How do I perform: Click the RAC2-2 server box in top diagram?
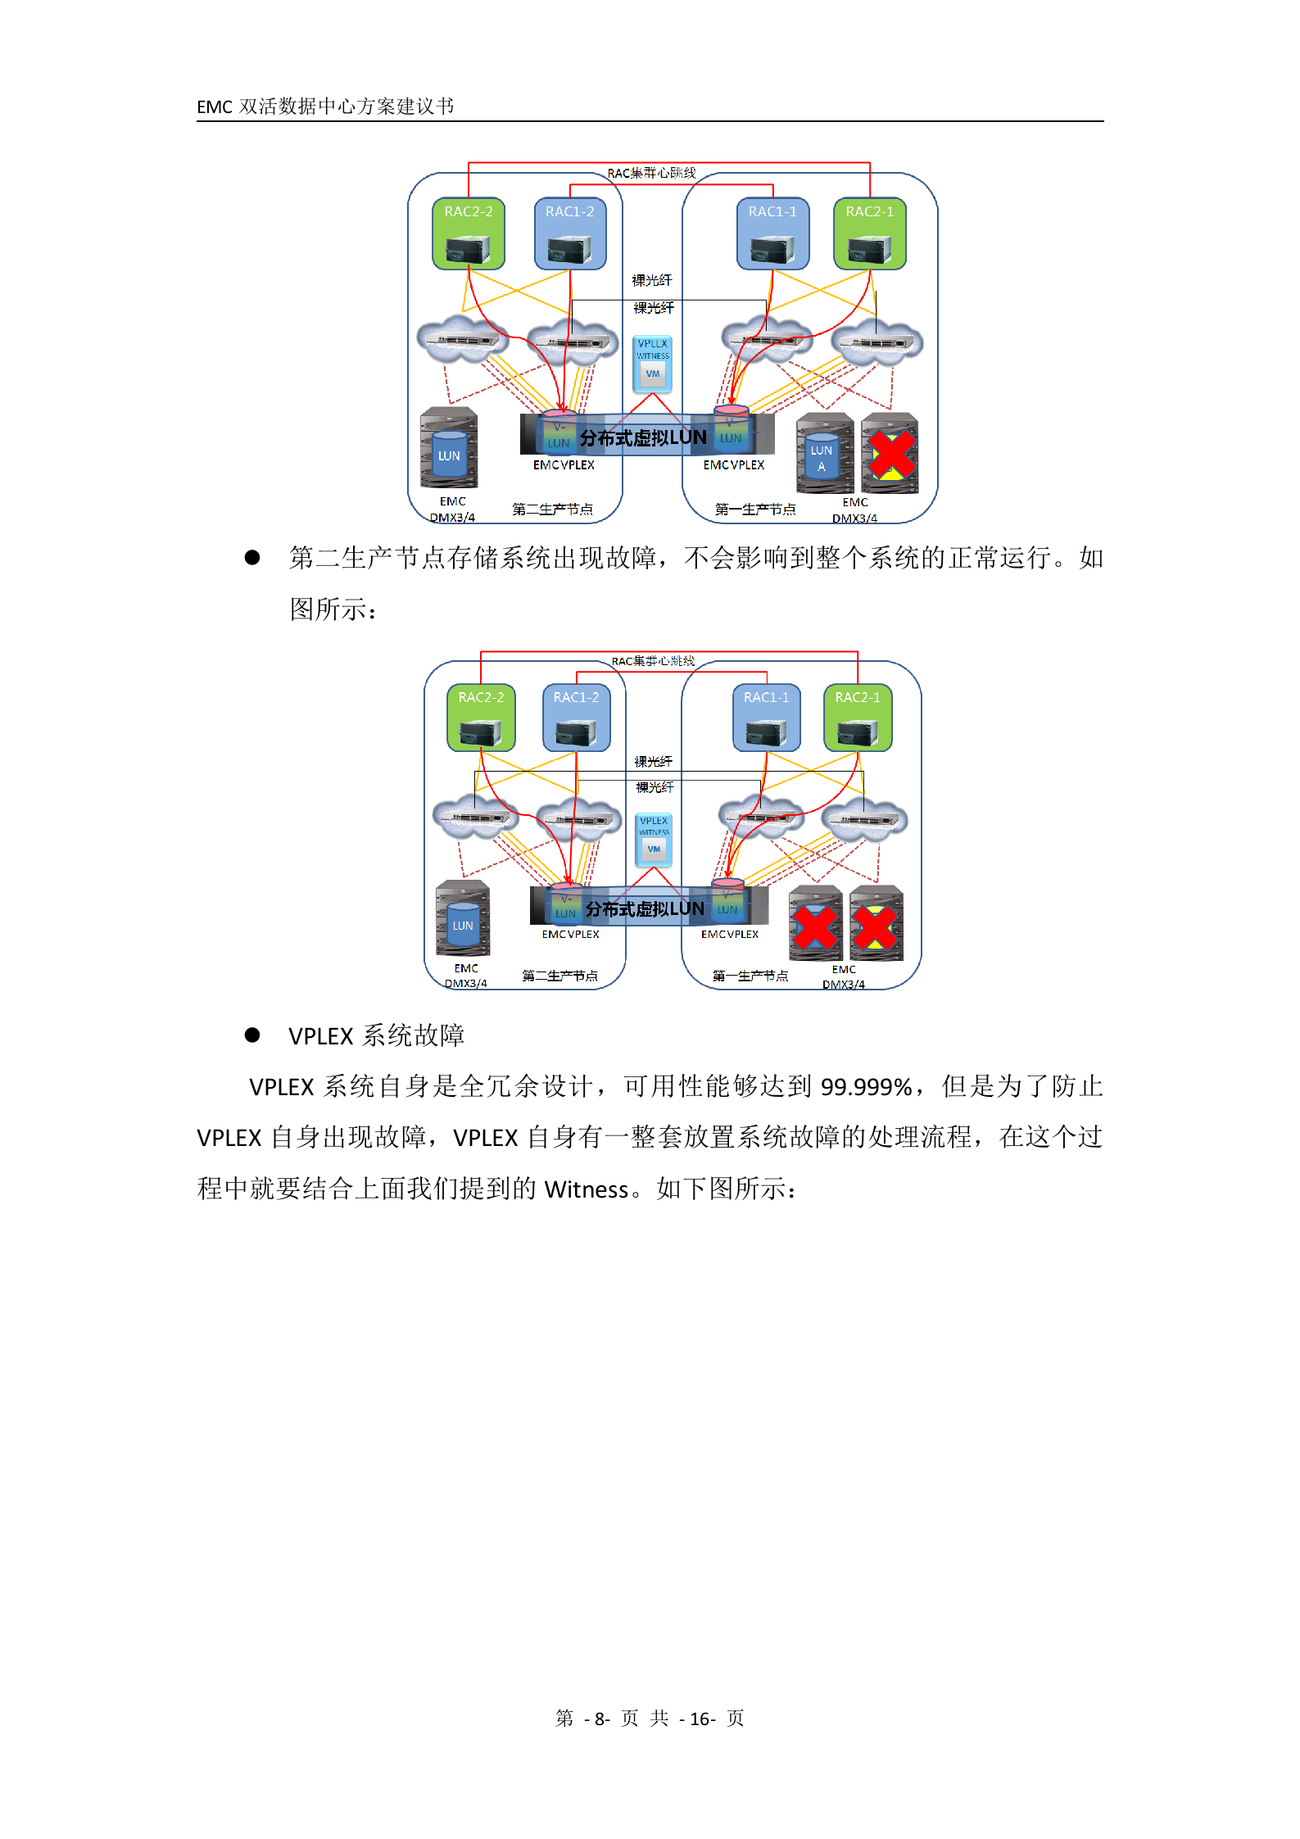pyautogui.click(x=468, y=233)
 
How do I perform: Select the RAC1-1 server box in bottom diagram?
pyautogui.click(x=766, y=718)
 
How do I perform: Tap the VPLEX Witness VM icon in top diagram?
pyautogui.click(x=652, y=363)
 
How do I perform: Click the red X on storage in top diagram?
pyautogui.click(x=891, y=455)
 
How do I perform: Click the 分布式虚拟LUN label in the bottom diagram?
pyautogui.click(x=645, y=908)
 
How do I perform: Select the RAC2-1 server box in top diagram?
pyautogui.click(x=869, y=233)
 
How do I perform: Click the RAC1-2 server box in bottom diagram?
pyautogui.click(x=576, y=718)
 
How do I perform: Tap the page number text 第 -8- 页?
pyautogui.click(x=582, y=1718)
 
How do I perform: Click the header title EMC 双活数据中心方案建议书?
pyautogui.click(x=325, y=106)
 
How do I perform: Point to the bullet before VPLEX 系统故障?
pyautogui.click(x=252, y=1035)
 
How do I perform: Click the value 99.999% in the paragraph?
pyautogui.click(x=866, y=1087)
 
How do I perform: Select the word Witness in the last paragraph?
pyautogui.click(x=586, y=1189)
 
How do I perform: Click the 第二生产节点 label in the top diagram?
pyautogui.click(x=552, y=510)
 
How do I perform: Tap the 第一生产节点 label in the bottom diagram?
pyautogui.click(x=750, y=976)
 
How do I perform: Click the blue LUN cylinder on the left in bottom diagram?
pyautogui.click(x=463, y=925)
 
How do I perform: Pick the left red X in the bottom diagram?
pyautogui.click(x=815, y=926)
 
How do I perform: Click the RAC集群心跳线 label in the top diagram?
pyautogui.click(x=651, y=173)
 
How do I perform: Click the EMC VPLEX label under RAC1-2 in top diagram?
pyautogui.click(x=564, y=465)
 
